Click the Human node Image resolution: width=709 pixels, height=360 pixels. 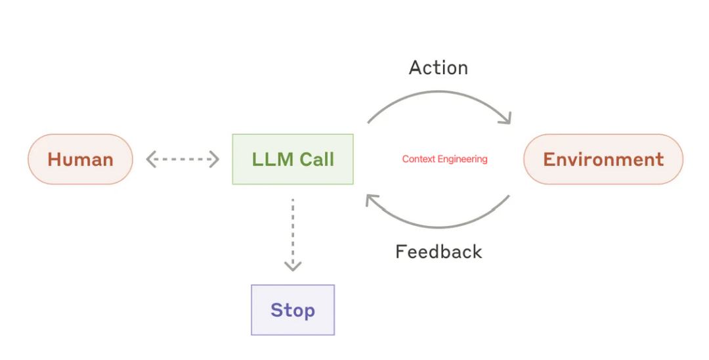(80, 159)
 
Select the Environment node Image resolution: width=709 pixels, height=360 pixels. (603, 159)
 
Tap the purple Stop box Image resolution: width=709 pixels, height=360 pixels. (293, 310)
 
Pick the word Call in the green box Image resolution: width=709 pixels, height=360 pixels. (317, 159)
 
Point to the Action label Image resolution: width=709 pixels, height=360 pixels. (438, 68)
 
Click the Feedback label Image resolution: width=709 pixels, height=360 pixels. (439, 252)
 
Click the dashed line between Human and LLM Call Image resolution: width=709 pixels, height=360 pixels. (183, 159)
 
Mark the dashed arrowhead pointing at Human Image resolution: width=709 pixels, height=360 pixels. (150, 159)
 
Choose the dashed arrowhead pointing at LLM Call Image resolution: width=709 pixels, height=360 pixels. (214, 159)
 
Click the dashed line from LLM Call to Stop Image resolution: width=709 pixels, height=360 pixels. (293, 230)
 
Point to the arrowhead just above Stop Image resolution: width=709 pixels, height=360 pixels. (293, 266)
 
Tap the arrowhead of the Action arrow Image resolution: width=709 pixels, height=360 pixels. (505, 118)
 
